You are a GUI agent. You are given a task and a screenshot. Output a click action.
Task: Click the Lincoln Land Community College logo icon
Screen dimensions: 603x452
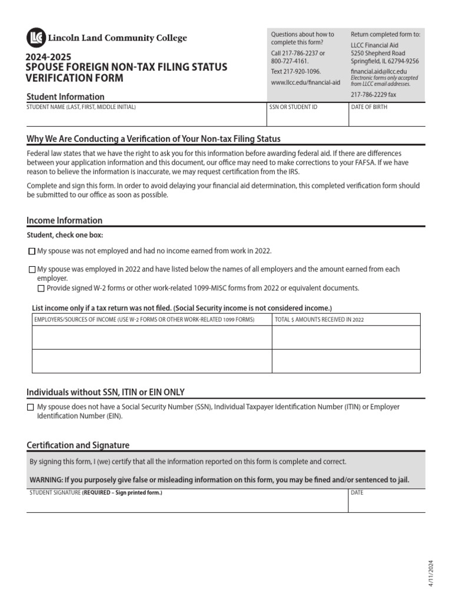click(35, 38)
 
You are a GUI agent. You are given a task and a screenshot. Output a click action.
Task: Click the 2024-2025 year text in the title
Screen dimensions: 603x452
click(48, 57)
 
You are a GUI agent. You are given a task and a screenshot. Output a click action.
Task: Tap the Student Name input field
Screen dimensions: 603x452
click(146, 118)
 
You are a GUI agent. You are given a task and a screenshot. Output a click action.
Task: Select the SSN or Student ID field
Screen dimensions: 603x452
click(307, 118)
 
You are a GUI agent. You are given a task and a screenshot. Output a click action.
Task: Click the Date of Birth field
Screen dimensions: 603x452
click(386, 118)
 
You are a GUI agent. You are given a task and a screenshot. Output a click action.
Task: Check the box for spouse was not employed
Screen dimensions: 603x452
click(32, 251)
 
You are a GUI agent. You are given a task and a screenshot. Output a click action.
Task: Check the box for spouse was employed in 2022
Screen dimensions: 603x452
click(32, 270)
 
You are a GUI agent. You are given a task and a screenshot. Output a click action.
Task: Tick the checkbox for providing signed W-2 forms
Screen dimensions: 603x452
click(41, 289)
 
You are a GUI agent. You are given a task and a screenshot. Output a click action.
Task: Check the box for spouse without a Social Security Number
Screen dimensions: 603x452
click(31, 407)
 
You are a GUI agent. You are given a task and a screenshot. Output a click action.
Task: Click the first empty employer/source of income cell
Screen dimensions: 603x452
click(151, 337)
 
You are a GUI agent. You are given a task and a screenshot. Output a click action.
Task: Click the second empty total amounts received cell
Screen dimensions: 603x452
click(345, 361)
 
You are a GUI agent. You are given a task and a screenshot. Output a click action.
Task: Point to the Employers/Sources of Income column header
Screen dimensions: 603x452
click(144, 320)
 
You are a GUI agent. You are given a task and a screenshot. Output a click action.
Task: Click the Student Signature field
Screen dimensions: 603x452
click(187, 503)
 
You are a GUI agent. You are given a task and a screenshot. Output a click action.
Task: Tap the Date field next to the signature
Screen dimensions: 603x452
click(386, 503)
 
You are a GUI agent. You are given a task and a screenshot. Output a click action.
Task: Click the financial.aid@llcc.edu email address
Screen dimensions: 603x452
click(378, 71)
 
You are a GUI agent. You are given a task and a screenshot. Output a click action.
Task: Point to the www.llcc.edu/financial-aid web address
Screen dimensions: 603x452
click(305, 83)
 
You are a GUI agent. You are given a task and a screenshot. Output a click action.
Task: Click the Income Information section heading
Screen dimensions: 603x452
click(65, 221)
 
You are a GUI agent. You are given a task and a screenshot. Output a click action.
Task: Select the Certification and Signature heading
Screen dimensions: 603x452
click(78, 445)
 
